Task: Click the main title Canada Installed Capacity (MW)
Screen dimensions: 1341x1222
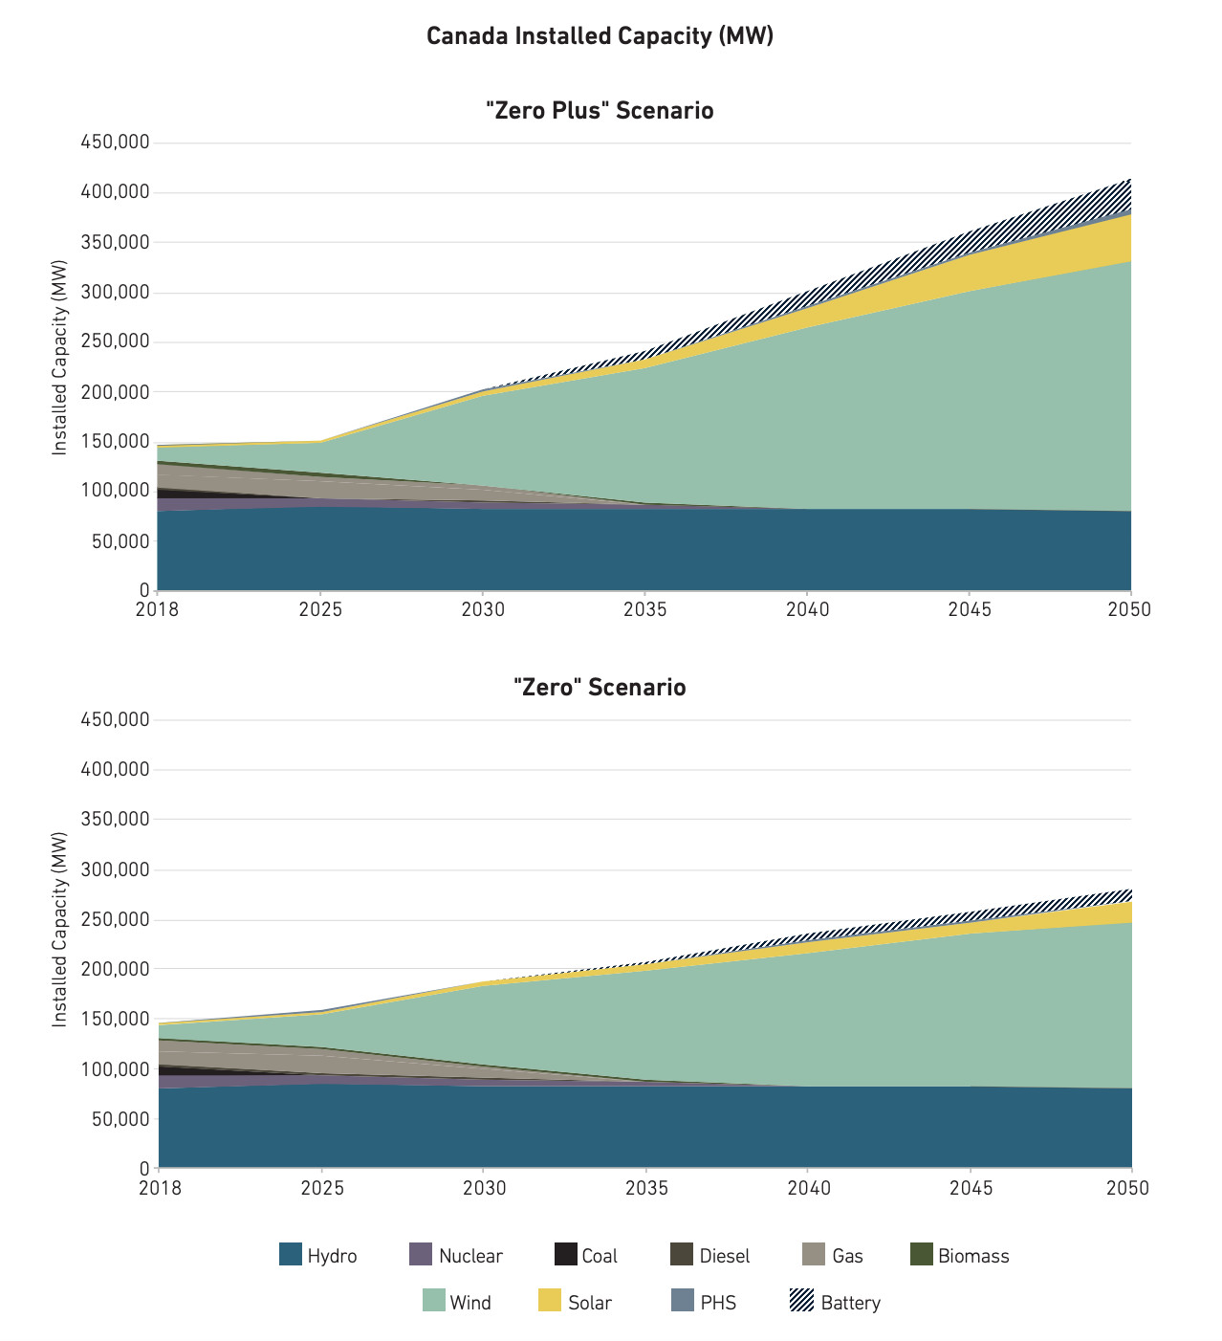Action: [x=600, y=36]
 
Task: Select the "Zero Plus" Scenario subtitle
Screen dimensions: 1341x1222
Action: [x=600, y=111]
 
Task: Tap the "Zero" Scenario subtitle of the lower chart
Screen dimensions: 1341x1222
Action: [x=600, y=688]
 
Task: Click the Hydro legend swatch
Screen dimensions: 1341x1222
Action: [x=291, y=1255]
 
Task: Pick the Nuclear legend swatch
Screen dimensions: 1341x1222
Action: [x=421, y=1255]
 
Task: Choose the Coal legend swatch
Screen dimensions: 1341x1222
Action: [x=566, y=1255]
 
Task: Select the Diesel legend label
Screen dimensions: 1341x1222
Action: [x=724, y=1256]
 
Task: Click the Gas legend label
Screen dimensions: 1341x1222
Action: [x=847, y=1256]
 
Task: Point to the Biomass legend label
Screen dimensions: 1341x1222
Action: [x=973, y=1256]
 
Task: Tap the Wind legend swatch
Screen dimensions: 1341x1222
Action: [x=434, y=1301]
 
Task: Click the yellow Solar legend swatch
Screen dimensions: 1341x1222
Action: [x=550, y=1301]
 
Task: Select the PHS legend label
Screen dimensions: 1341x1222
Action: [x=718, y=1303]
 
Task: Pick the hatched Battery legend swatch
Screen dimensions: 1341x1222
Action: [x=801, y=1301]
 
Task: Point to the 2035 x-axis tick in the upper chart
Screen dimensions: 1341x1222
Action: [x=645, y=608]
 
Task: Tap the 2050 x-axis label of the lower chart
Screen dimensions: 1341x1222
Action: [x=1129, y=1187]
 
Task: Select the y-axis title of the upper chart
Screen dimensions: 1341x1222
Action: [x=60, y=357]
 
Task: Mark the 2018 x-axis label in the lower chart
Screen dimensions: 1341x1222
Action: [x=159, y=1187]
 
